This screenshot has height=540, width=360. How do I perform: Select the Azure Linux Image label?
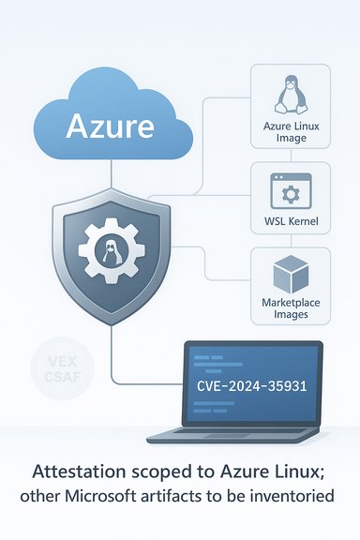pos(290,132)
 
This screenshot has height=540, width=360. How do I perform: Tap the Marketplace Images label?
pos(290,310)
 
